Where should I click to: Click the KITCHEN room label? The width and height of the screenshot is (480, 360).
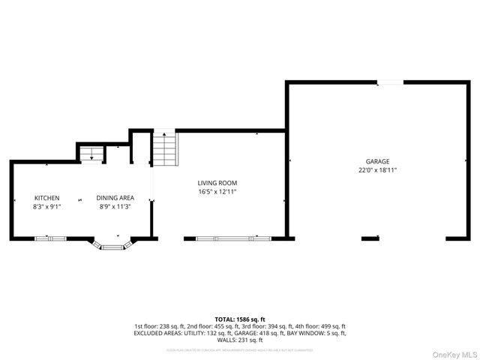(x=46, y=198)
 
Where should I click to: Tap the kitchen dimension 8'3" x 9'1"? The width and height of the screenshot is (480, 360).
(x=46, y=206)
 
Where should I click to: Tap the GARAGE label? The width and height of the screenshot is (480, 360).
(x=377, y=162)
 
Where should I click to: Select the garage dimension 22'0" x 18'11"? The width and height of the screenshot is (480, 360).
(x=377, y=170)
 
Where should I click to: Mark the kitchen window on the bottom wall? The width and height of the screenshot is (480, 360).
(x=51, y=238)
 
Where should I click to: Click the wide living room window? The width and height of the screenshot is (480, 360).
(x=232, y=238)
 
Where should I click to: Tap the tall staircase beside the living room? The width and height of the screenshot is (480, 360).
(x=165, y=149)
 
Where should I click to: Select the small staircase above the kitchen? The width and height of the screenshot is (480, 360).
(x=91, y=154)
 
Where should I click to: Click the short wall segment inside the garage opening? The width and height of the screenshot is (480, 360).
(x=370, y=238)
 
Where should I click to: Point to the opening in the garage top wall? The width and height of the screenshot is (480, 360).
(x=389, y=82)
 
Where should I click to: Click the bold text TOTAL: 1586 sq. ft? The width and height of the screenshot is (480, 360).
(x=240, y=319)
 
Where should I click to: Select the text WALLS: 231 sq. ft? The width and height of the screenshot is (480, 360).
(x=240, y=340)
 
